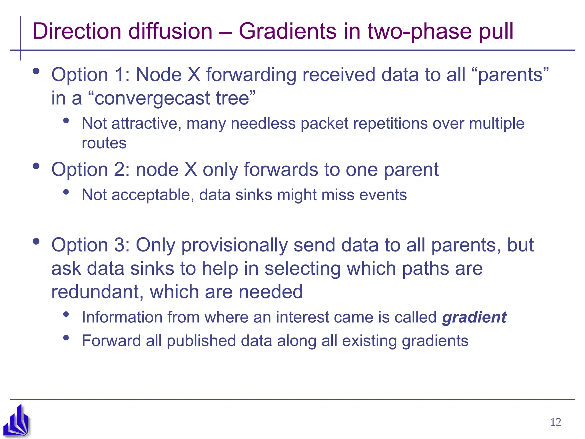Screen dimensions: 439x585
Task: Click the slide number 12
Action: click(555, 422)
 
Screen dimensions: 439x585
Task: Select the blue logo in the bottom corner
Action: click(16, 420)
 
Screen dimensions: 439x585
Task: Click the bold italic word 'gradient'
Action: click(474, 317)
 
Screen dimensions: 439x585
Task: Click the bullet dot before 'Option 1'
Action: click(36, 71)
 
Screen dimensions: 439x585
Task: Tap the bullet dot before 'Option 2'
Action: click(36, 166)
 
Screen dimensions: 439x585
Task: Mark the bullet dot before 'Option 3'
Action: click(36, 242)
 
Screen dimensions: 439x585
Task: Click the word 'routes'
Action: click(104, 143)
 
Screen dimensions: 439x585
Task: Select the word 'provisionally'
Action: click(234, 245)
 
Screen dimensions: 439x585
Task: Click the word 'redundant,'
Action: click(97, 292)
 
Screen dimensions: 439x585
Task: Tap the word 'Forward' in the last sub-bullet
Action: click(111, 341)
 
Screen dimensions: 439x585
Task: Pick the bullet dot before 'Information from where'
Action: click(66, 314)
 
